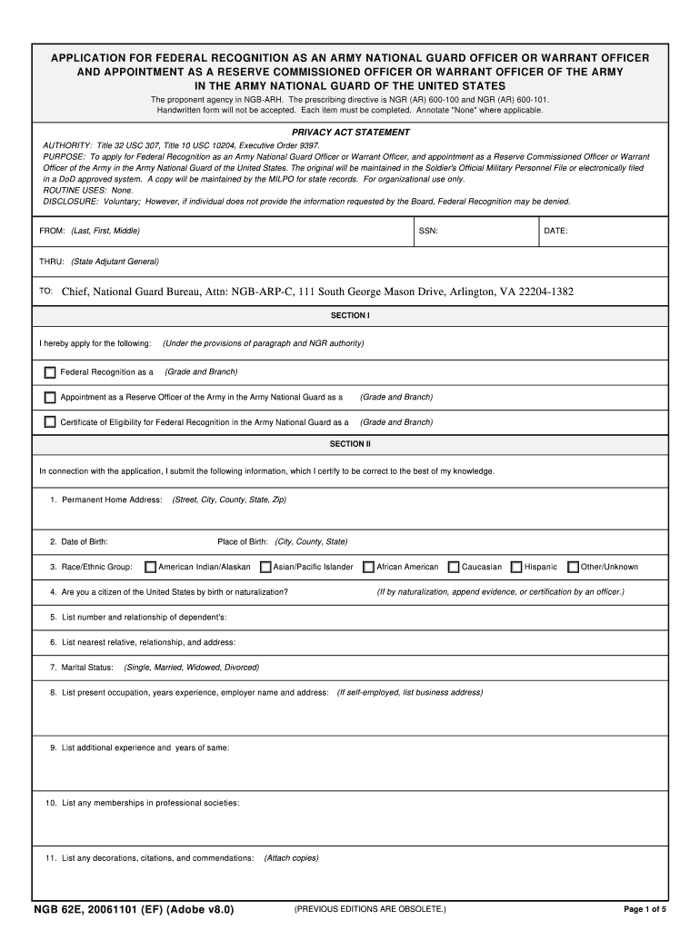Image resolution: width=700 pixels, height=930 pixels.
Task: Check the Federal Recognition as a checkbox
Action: click(x=50, y=372)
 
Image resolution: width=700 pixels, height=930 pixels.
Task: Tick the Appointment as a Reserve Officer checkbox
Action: click(x=50, y=397)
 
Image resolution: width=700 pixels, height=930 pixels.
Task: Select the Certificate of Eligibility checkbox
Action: click(x=50, y=422)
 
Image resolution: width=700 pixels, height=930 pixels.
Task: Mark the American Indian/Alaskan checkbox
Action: click(x=151, y=568)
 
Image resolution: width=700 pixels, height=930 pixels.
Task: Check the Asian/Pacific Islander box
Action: click(x=265, y=568)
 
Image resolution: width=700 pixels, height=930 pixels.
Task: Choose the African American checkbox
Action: click(x=369, y=568)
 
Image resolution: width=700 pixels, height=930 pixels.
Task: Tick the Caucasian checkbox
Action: click(x=454, y=568)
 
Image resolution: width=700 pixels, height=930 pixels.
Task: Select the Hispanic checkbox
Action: click(x=516, y=568)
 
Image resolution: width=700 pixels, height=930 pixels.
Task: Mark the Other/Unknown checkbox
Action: click(x=573, y=568)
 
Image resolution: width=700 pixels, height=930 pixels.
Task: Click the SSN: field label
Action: click(x=428, y=231)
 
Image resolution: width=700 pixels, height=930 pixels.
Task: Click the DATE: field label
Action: click(x=555, y=231)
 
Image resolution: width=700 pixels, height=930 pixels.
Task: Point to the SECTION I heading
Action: click(x=350, y=315)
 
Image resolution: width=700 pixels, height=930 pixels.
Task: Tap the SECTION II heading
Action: click(x=350, y=444)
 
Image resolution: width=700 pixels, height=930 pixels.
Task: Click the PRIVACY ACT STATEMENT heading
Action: click(x=350, y=133)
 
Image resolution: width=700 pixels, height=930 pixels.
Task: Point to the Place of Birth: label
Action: click(x=242, y=542)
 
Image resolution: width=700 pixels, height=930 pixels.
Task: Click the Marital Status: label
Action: click(x=87, y=668)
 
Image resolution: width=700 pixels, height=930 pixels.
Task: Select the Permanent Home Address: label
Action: click(x=112, y=500)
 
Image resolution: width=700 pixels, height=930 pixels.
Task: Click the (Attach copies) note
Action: click(x=291, y=858)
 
